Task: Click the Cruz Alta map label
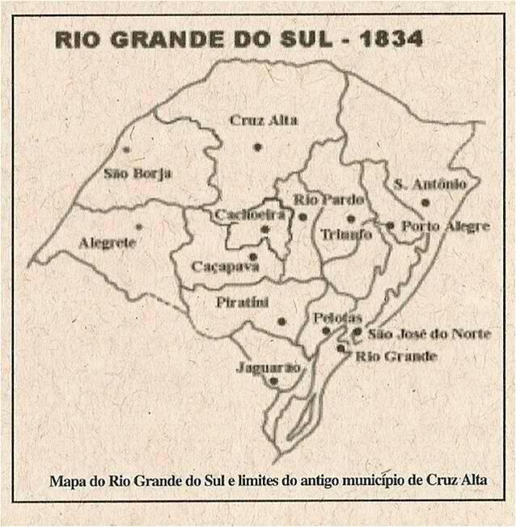tap(263, 120)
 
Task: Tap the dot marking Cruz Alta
tap(257, 146)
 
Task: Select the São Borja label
tap(137, 173)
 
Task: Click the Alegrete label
tap(108, 242)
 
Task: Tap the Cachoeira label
tap(250, 214)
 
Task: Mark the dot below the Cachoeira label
tap(264, 230)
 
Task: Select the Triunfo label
tap(345, 234)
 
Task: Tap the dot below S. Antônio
tap(425, 202)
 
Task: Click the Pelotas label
tap(336, 318)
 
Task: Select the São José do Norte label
tap(429, 332)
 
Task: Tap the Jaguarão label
tap(269, 367)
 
